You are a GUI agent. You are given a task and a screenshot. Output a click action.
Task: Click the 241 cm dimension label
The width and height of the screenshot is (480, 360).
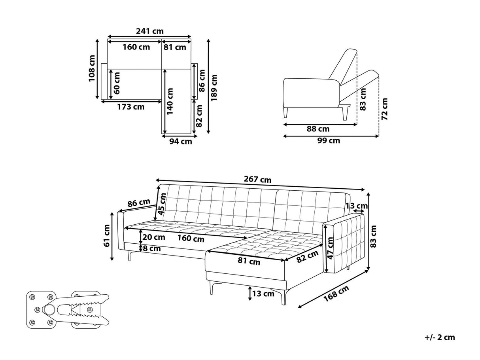(150, 31)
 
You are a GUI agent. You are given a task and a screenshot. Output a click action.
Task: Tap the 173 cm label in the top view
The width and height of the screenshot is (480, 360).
(131, 107)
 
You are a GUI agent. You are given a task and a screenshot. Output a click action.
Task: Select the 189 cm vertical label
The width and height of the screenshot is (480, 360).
(214, 88)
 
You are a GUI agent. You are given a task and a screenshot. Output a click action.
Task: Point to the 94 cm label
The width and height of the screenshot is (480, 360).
(181, 142)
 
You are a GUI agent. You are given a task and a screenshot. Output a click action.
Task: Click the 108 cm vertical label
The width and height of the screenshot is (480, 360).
(92, 68)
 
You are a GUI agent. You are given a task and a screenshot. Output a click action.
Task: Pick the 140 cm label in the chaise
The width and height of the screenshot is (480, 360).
(170, 101)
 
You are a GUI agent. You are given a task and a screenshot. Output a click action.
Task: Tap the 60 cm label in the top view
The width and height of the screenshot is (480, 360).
(117, 83)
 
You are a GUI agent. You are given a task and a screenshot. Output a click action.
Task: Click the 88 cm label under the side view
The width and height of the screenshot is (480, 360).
(318, 129)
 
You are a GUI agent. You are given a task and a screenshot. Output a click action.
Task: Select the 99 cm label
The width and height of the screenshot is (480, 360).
(329, 140)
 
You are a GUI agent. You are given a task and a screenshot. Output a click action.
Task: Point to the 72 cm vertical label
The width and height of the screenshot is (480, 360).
(384, 109)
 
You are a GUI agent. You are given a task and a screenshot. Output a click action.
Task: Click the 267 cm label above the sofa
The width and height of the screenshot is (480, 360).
(257, 180)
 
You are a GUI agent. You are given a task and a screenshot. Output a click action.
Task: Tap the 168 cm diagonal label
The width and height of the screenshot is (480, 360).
(336, 294)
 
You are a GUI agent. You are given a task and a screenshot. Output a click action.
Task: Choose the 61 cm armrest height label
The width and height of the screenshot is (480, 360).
(107, 235)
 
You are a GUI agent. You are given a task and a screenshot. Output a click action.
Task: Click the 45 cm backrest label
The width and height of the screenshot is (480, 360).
(162, 204)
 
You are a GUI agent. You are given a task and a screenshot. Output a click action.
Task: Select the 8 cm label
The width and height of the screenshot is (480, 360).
(152, 249)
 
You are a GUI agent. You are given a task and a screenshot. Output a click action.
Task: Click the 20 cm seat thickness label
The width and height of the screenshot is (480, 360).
(154, 237)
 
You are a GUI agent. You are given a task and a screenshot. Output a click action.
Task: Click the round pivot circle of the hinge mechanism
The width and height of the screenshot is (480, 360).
(49, 309)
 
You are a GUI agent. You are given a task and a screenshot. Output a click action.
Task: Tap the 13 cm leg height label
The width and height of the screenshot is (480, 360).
(263, 294)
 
